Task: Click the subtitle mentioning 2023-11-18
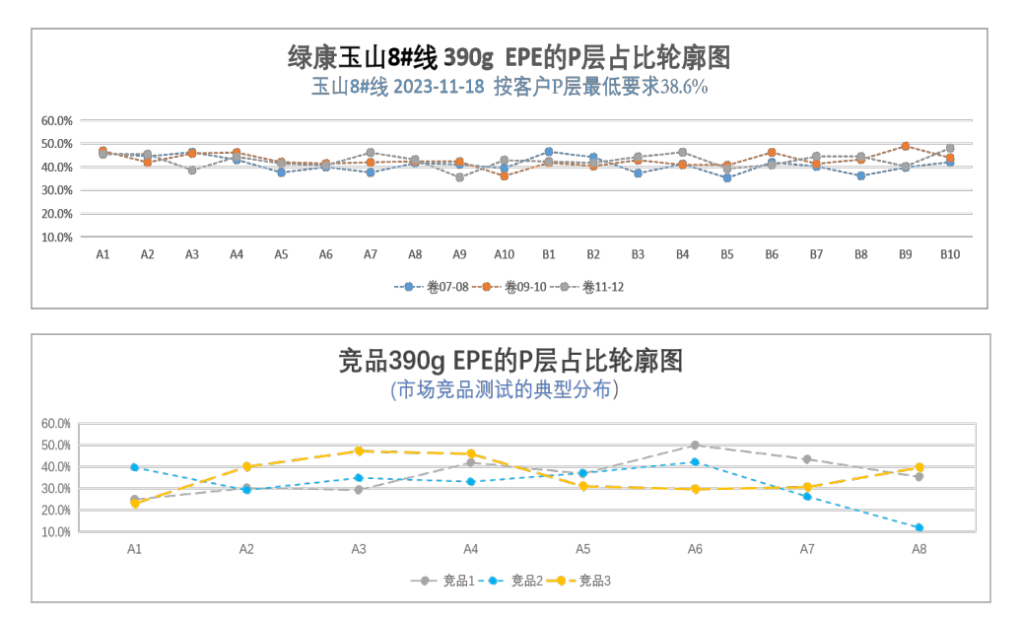point(509,87)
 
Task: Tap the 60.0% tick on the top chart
point(57,120)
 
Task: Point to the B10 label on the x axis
point(949,254)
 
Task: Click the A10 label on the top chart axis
point(504,254)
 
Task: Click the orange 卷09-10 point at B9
point(905,146)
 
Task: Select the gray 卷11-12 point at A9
point(459,177)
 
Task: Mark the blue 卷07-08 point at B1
point(549,152)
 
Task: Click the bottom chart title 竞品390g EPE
point(510,361)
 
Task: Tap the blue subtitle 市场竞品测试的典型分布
point(505,389)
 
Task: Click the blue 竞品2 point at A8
point(918,527)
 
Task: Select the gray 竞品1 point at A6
point(695,445)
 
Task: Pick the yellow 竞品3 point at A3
point(359,450)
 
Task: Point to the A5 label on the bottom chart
point(582,549)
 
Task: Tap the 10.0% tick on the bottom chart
point(56,531)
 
